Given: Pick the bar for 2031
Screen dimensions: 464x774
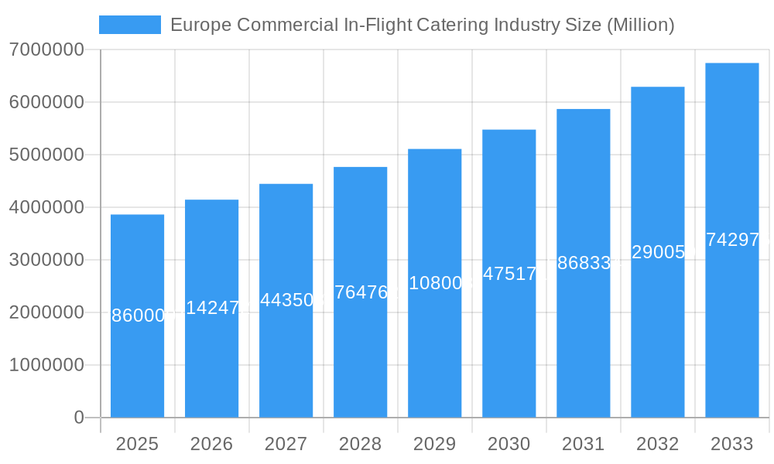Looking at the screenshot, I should tap(583, 348).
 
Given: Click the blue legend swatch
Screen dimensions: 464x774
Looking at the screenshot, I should tap(130, 25).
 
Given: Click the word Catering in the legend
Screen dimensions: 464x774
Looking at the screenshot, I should tap(451, 25).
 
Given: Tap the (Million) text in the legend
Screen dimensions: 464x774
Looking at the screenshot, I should tap(640, 25).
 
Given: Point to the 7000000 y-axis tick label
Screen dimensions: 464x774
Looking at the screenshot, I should tap(46, 49).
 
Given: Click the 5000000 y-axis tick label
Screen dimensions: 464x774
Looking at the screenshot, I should tap(46, 155).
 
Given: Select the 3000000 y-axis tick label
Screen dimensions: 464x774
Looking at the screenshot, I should tap(46, 260).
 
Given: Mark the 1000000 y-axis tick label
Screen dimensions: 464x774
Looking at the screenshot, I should tap(46, 365).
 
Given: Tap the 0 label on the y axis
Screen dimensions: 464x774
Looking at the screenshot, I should tap(79, 418).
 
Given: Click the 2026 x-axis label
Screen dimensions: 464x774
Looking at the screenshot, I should tap(211, 444).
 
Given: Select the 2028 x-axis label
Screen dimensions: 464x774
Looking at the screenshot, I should tap(360, 444).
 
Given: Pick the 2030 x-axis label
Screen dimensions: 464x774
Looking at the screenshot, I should tap(509, 444).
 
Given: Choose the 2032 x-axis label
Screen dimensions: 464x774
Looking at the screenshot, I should tap(657, 444).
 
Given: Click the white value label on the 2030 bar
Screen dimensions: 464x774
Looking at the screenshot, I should tap(509, 274).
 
